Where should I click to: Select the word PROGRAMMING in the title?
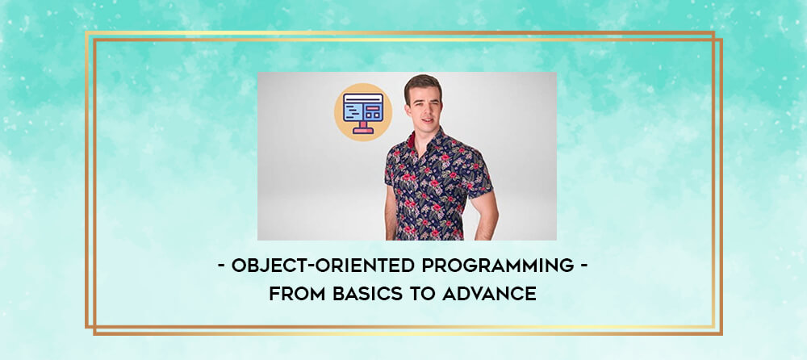pos(498,266)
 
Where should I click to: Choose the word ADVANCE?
pos(490,293)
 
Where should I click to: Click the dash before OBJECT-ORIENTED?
pos(221,267)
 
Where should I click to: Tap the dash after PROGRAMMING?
pos(584,267)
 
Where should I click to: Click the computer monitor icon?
pos(363,112)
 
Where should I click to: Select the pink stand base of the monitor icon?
pos(363,131)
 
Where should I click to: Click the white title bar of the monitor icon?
pos(363,98)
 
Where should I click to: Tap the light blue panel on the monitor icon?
pos(354,111)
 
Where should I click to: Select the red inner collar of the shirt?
pos(412,140)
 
